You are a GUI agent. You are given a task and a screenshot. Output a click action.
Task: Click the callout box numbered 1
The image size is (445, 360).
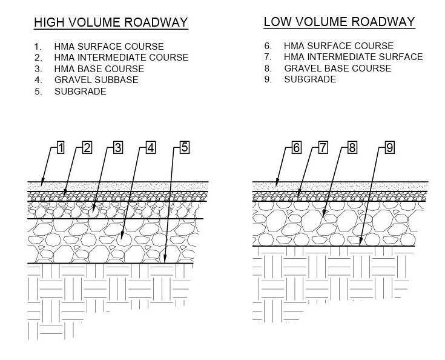click(61, 147)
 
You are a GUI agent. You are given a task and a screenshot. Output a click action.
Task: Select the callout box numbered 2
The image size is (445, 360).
click(87, 147)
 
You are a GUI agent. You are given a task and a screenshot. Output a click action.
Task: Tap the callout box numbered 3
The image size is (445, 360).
click(118, 147)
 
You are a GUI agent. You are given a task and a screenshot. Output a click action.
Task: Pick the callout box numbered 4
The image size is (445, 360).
click(151, 147)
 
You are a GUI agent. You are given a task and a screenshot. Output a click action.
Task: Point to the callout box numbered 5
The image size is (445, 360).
click(185, 147)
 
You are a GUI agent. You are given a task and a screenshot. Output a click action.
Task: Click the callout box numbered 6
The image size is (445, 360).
click(296, 147)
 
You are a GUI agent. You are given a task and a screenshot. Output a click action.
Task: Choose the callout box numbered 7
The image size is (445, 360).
click(323, 147)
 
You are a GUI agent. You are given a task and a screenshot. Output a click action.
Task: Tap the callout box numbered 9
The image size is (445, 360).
click(389, 147)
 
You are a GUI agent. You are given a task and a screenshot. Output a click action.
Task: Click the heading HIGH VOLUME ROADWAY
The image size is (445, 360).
click(111, 23)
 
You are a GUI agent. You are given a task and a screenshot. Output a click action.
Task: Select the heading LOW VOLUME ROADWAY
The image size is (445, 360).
click(339, 22)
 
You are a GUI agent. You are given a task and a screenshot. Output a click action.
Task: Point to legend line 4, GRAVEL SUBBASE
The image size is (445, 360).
click(96, 80)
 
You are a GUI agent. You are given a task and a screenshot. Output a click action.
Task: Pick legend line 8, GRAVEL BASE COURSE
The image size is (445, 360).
click(337, 68)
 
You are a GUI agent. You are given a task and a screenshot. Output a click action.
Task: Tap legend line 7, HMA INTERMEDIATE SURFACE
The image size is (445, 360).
click(353, 57)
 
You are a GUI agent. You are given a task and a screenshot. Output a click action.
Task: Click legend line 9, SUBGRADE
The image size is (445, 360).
click(310, 79)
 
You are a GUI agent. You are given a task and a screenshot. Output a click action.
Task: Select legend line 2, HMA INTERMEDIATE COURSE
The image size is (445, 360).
click(121, 58)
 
